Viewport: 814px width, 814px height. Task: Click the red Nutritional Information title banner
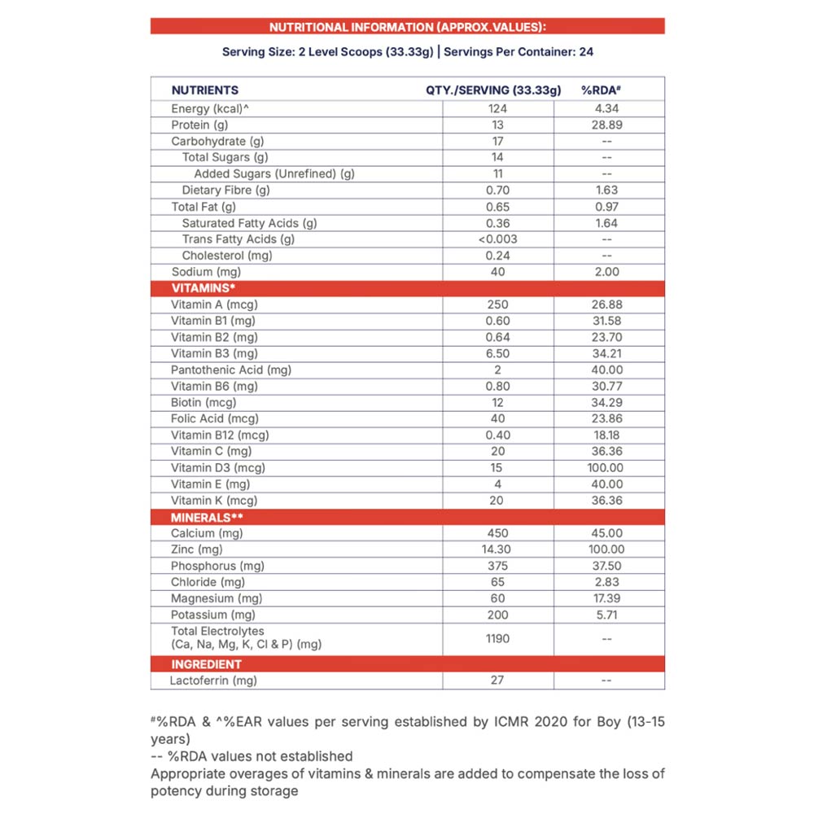click(407, 27)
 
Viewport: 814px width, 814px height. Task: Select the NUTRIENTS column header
click(204, 90)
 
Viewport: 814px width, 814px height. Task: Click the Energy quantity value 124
click(497, 109)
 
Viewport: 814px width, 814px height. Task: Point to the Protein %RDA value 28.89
click(607, 125)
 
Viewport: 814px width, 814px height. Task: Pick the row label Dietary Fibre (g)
click(225, 190)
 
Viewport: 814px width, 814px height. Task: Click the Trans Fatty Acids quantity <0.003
click(497, 239)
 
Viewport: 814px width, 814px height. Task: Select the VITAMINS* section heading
click(203, 288)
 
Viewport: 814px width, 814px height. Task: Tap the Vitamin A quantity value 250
click(497, 304)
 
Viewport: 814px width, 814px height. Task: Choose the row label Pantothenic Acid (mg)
click(231, 370)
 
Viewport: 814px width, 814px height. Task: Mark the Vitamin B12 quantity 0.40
click(497, 435)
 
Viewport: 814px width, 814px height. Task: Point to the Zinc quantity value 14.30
click(497, 549)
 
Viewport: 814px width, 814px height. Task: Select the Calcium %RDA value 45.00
click(606, 533)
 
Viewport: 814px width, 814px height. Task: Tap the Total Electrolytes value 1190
click(497, 639)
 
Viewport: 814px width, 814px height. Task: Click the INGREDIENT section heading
click(206, 664)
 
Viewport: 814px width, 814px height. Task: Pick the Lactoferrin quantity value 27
click(497, 681)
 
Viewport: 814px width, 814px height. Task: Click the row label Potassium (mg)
click(213, 615)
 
